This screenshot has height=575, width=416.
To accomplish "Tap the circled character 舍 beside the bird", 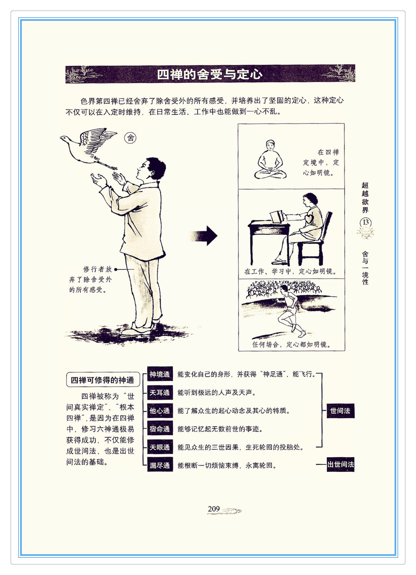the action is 130,138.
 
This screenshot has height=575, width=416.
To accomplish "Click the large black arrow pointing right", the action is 204,236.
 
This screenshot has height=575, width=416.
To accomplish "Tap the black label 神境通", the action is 160,374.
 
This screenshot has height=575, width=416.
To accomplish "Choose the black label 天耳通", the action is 160,393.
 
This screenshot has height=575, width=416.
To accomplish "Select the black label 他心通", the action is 160,411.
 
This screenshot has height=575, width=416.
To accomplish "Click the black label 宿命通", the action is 160,429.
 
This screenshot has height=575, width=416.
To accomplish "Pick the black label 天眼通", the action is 160,447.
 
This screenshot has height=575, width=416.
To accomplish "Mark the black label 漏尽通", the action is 160,465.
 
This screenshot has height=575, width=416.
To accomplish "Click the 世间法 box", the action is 340,411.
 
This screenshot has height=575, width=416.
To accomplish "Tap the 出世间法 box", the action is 340,464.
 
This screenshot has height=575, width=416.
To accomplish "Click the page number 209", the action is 214,509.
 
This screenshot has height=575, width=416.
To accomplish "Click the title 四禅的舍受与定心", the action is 210,75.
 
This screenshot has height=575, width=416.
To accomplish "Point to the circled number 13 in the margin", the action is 366,222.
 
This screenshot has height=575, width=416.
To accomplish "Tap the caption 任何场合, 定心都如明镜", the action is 292,345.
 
